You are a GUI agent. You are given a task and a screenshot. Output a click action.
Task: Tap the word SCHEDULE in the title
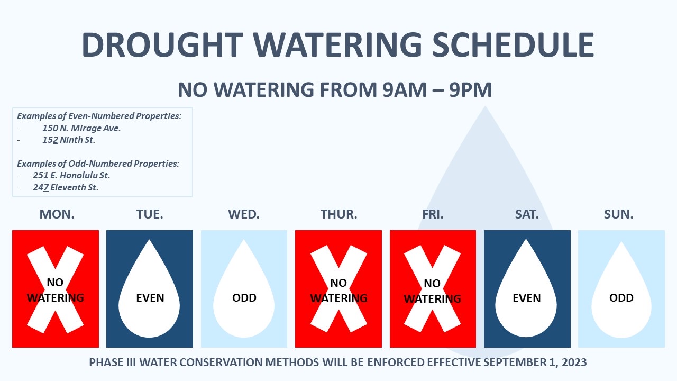pyautogui.click(x=513, y=45)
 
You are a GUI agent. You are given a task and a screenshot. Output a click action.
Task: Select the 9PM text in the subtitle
pyautogui.click(x=470, y=90)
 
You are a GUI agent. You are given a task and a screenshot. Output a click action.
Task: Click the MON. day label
pyautogui.click(x=57, y=214)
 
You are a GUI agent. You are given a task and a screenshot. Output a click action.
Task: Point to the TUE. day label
pyautogui.click(x=150, y=214)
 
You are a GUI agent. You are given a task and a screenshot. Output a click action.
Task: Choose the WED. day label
pyautogui.click(x=244, y=214)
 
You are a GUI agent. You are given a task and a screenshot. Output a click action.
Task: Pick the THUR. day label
pyautogui.click(x=339, y=214)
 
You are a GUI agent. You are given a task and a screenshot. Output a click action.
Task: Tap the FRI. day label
pyautogui.click(x=433, y=214)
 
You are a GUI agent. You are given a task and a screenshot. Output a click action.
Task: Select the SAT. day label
pyautogui.click(x=527, y=214)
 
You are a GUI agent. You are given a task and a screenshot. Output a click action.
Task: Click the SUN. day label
pyautogui.click(x=618, y=214)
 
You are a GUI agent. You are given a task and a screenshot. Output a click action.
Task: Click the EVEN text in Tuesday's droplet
pyautogui.click(x=150, y=298)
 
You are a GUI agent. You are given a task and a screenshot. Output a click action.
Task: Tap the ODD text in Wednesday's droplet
pyautogui.click(x=244, y=298)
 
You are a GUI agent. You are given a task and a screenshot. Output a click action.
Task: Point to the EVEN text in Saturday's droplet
pyautogui.click(x=526, y=298)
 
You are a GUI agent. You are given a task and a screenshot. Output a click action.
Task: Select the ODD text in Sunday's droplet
pyautogui.click(x=621, y=298)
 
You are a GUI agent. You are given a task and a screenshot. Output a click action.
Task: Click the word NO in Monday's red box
pyautogui.click(x=55, y=283)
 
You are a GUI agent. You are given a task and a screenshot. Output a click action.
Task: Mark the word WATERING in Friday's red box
pyautogui.click(x=432, y=299)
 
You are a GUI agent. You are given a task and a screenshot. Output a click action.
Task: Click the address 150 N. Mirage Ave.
pyautogui.click(x=81, y=128)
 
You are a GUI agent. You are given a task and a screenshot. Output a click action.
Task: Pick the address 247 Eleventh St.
pyautogui.click(x=66, y=187)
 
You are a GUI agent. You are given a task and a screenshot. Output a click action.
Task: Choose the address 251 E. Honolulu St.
pyautogui.click(x=71, y=175)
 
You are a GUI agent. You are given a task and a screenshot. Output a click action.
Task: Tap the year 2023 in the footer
pyautogui.click(x=574, y=362)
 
